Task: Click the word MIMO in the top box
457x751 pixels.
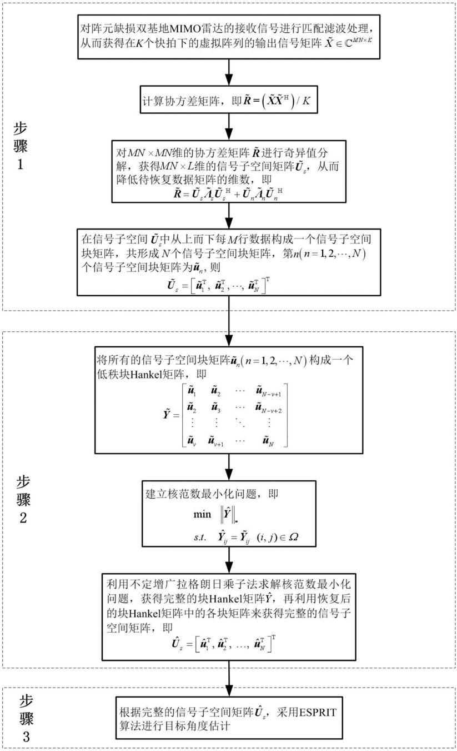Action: (185, 29)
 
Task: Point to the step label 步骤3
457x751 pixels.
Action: (26, 717)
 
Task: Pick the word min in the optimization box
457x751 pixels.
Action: (202, 514)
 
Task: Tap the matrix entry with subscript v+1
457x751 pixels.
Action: (215, 441)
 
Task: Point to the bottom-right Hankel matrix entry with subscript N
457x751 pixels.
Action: (268, 441)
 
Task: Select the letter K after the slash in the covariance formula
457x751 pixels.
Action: (307, 101)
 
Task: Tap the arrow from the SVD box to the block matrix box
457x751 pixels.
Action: (229, 216)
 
